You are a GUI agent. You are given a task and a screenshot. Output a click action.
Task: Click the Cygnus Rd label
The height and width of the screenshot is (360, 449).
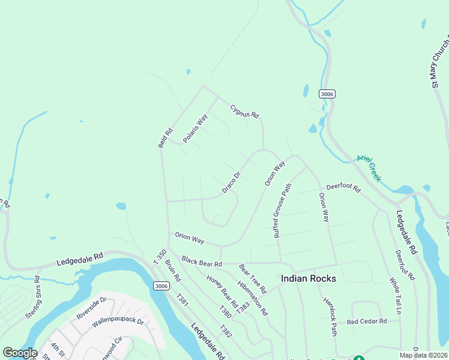(x=244, y=111)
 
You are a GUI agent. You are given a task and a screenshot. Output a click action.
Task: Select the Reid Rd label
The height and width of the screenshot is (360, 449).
(x=165, y=137)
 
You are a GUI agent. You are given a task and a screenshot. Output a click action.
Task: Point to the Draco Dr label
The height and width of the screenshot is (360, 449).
(x=231, y=182)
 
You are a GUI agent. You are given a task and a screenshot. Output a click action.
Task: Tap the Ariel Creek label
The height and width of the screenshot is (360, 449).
(x=369, y=167)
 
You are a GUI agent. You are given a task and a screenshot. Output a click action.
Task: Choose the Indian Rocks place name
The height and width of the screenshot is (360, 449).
(x=309, y=279)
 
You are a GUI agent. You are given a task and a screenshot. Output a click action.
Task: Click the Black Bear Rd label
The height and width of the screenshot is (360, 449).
(x=202, y=262)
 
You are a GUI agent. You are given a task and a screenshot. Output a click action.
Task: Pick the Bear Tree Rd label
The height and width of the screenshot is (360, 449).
(x=252, y=275)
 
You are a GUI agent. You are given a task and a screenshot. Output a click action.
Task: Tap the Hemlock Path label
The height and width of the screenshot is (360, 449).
(x=330, y=316)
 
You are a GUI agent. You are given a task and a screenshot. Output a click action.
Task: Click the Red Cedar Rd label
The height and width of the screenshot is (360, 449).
(x=366, y=322)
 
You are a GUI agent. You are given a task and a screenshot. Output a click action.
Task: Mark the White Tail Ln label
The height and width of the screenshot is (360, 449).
(x=394, y=296)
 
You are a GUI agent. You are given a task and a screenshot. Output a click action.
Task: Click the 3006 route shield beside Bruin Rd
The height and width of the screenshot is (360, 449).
(x=160, y=285)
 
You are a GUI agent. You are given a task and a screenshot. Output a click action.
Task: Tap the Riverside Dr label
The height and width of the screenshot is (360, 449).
(x=91, y=308)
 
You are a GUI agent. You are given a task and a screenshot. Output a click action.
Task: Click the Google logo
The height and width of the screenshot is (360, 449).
(x=20, y=353)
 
